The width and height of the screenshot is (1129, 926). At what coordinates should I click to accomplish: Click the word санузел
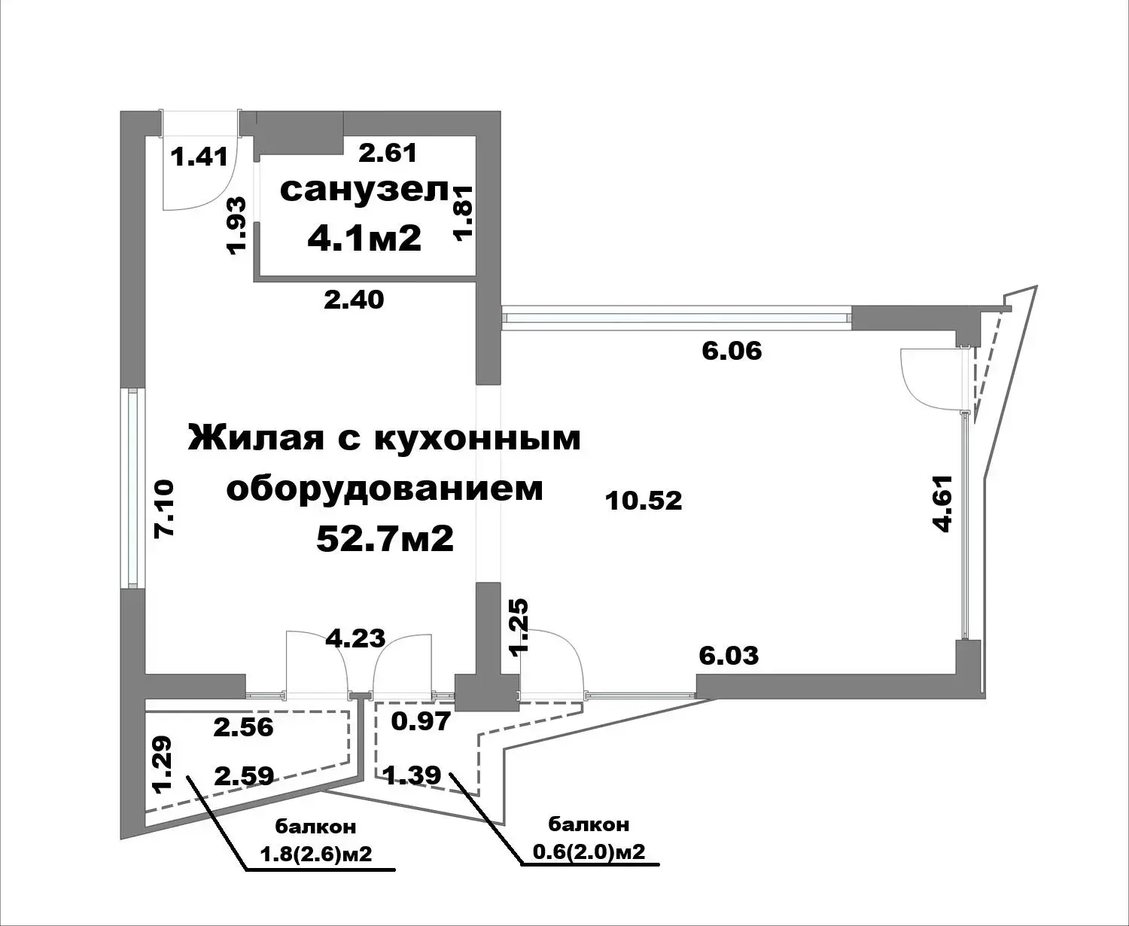(364, 190)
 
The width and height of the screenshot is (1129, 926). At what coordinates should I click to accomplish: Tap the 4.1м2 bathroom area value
(364, 238)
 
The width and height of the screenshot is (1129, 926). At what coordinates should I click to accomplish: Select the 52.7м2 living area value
(385, 538)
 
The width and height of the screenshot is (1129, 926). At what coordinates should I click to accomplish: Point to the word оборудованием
(385, 489)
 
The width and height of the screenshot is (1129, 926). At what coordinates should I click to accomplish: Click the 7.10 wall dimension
(164, 509)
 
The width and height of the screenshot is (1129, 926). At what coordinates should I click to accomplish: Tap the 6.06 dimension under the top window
(732, 352)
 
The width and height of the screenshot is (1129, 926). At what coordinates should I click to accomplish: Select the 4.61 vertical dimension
(942, 504)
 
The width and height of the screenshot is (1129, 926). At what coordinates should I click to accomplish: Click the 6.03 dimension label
(729, 656)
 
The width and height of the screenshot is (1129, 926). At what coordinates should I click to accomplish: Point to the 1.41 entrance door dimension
(199, 157)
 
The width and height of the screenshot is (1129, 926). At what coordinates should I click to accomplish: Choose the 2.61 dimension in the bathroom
(388, 153)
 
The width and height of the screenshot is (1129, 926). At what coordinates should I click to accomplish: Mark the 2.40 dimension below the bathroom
(354, 300)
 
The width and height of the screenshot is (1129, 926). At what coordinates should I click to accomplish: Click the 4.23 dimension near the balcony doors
(356, 638)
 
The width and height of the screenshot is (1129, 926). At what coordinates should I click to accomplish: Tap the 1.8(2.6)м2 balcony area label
(316, 853)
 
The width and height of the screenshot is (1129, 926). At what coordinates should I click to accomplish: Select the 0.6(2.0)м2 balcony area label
(589, 851)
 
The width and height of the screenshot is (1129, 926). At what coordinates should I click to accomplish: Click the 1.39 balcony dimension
(412, 775)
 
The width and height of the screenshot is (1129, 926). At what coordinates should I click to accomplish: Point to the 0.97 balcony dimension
(421, 721)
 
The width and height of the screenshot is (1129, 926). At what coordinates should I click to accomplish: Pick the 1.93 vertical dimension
(236, 225)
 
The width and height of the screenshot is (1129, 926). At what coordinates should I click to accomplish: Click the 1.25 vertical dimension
(519, 626)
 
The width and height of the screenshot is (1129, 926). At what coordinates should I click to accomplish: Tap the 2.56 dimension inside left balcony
(244, 727)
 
